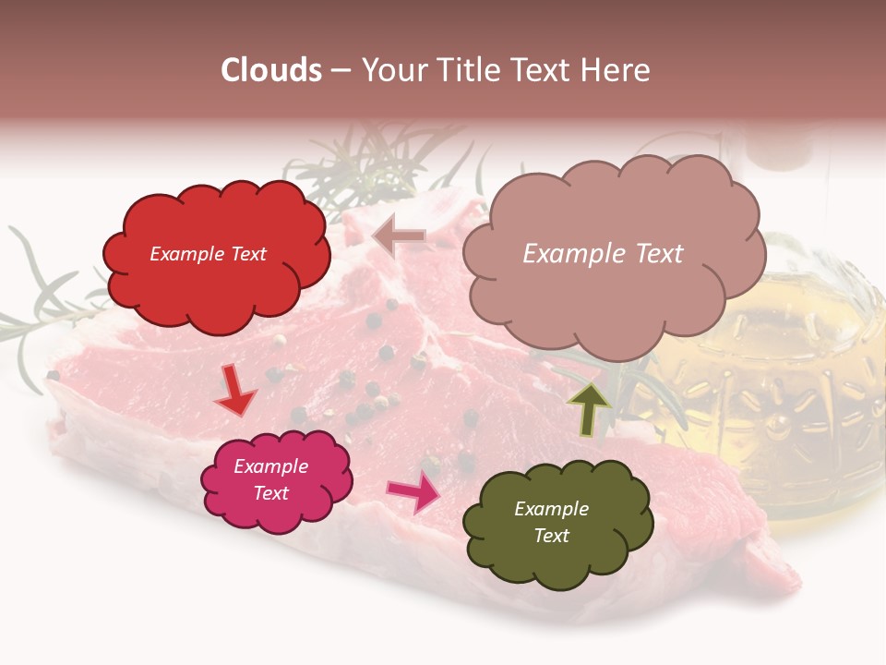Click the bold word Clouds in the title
coord(271,70)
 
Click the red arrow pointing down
coord(236,390)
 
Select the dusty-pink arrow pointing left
coord(399,236)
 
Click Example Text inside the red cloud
coord(208,254)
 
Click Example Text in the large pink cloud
coord(603,254)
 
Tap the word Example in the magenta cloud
coord(270,466)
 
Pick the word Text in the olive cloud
coord(551,536)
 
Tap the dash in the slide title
coord(341,70)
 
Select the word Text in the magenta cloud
coord(270,493)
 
